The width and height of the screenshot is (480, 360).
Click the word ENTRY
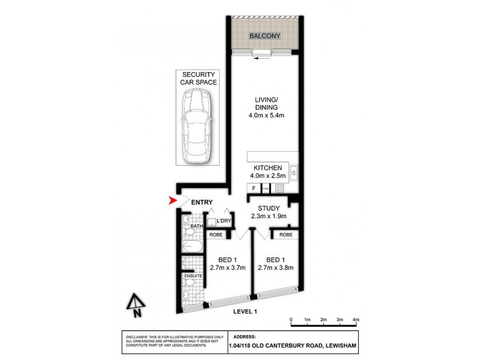point(202,202)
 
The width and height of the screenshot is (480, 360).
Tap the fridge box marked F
point(254,188)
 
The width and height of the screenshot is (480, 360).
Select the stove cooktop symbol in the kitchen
point(280,188)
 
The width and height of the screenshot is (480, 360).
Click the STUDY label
point(269,208)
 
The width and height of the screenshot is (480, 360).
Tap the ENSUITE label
point(193,276)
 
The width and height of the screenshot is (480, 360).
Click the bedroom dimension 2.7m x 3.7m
point(227,268)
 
